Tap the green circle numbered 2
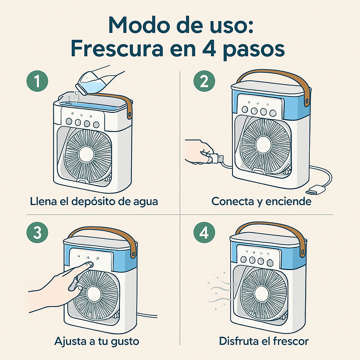coord(204,82)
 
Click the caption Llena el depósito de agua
coord(94,201)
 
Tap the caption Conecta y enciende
coord(261,201)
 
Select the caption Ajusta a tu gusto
coord(97,341)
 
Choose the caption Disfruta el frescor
coord(264,341)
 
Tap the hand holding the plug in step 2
coord(199,151)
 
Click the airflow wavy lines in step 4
coord(220,290)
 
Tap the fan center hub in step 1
coord(86,154)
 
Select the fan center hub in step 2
coord(263,144)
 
